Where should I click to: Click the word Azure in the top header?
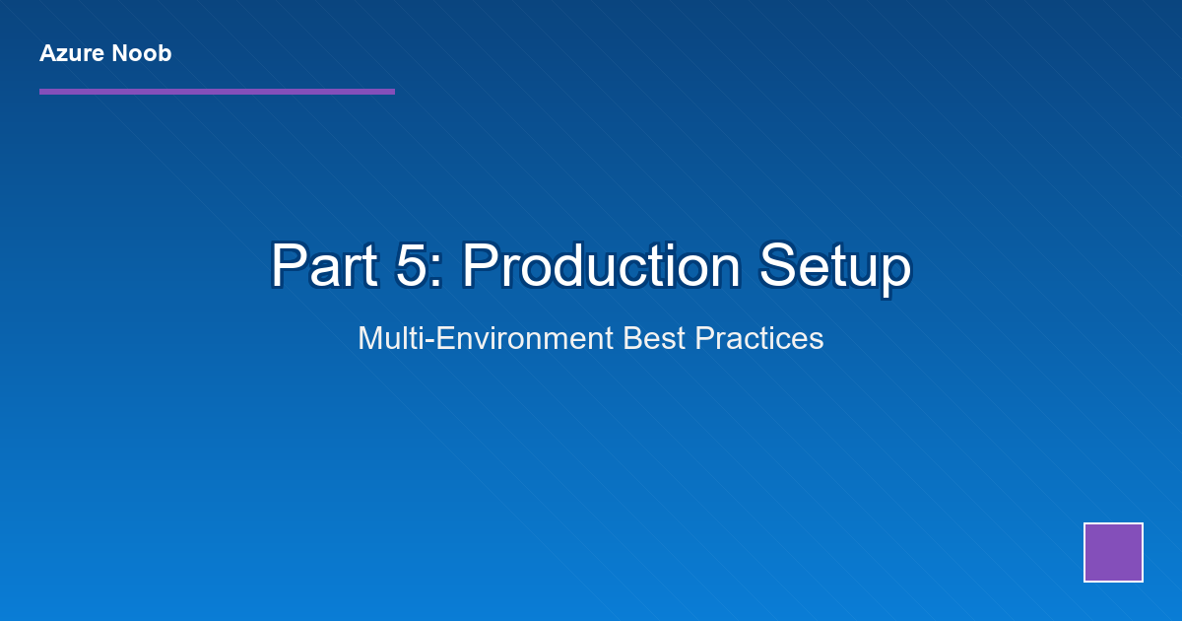[x=72, y=54]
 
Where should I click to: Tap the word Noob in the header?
[x=142, y=54]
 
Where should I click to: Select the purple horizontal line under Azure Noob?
[x=217, y=92]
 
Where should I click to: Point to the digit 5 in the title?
[x=412, y=265]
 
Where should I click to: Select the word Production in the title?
[x=602, y=265]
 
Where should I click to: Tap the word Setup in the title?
[x=835, y=267]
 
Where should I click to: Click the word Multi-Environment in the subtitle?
[x=486, y=338]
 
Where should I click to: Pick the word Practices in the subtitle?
[x=758, y=338]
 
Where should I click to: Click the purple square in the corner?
[x=1113, y=552]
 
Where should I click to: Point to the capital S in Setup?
[x=778, y=265]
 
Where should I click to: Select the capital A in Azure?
[x=48, y=54]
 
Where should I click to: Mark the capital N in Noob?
[x=121, y=54]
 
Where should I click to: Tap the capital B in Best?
[x=633, y=338]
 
